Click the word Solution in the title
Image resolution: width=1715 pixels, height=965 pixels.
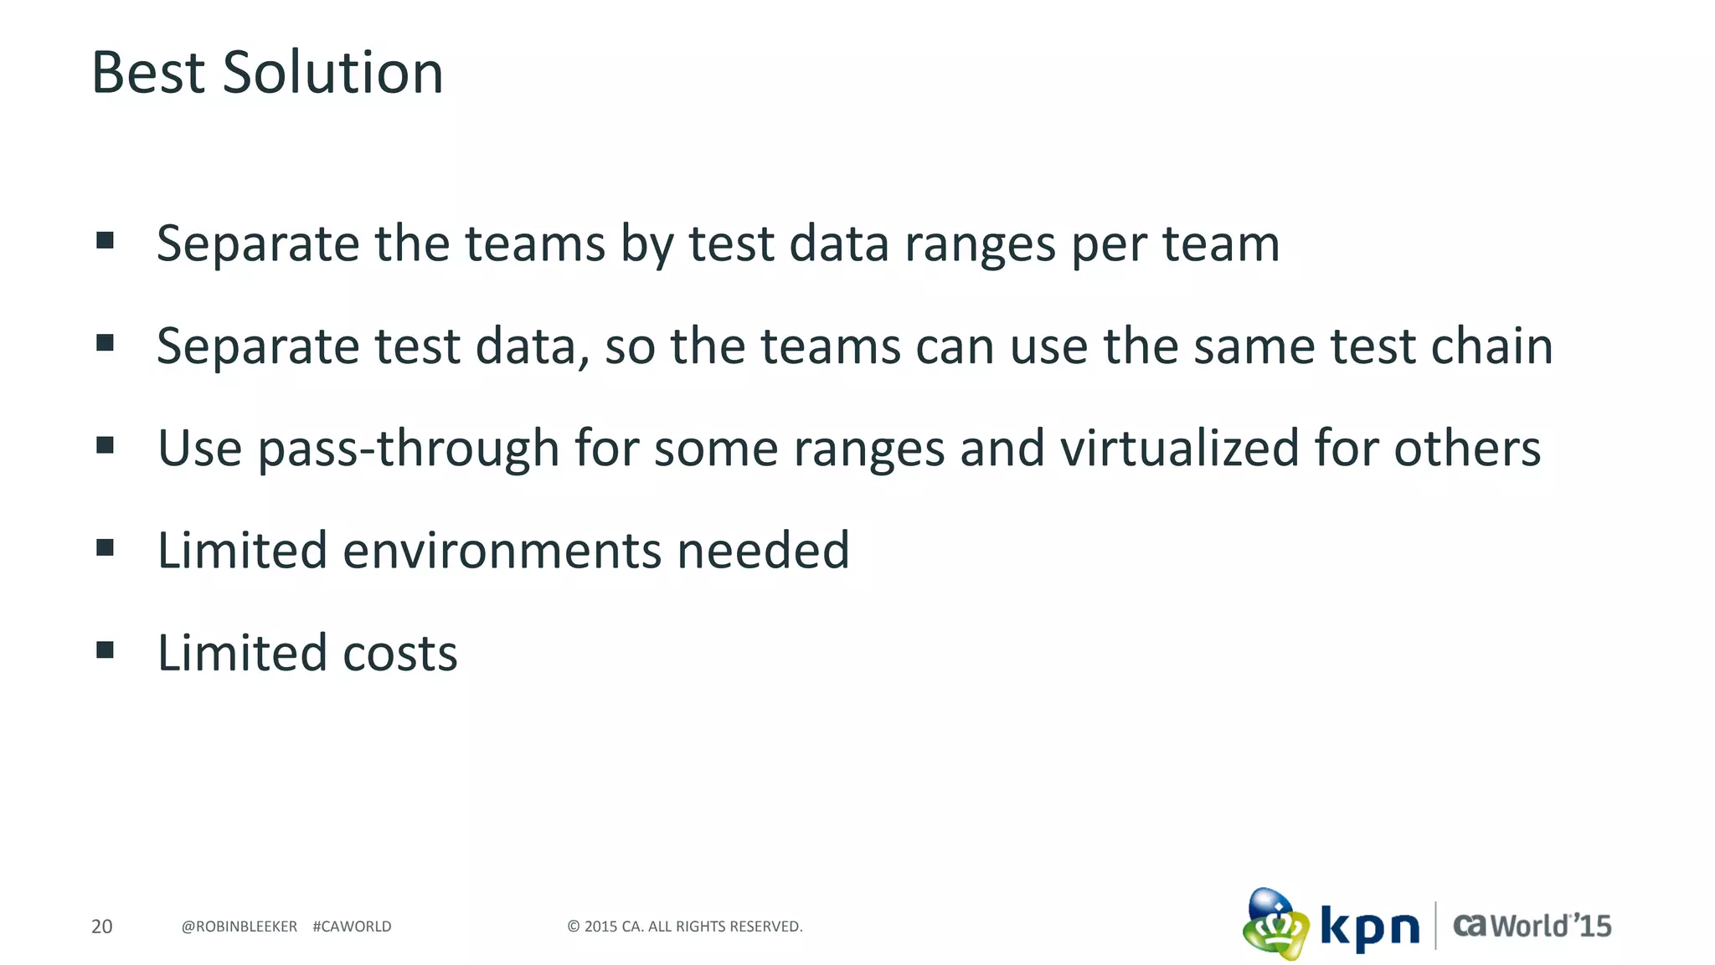pos(332,73)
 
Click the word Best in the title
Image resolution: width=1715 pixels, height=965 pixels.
pos(148,73)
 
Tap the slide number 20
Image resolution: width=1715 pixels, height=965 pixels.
pos(101,927)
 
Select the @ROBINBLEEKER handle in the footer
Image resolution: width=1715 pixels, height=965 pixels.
pos(239,927)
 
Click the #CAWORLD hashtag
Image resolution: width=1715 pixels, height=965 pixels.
pos(352,927)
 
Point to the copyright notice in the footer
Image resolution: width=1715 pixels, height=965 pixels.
pos(685,927)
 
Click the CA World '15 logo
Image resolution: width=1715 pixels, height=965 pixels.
pos(1532,926)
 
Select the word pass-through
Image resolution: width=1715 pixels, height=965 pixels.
pos(409,449)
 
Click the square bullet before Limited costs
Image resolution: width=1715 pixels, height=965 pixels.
pos(105,649)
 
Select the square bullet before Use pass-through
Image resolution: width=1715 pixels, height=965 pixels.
pos(105,444)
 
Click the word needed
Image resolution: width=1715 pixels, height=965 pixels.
pos(763,551)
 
